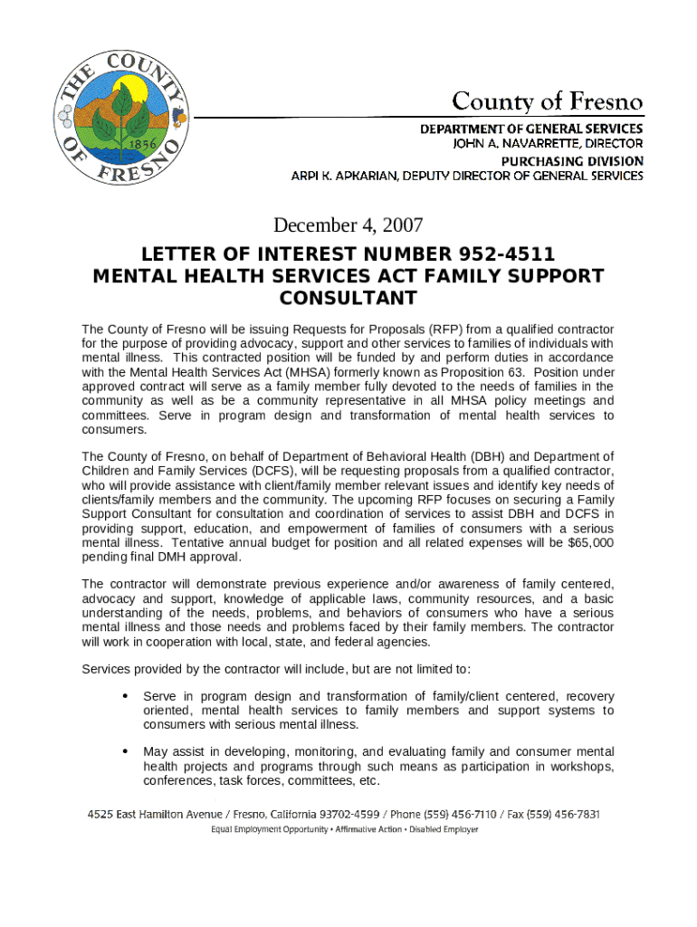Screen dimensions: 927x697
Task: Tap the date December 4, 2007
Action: tap(348, 225)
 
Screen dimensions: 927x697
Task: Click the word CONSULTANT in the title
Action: tap(348, 298)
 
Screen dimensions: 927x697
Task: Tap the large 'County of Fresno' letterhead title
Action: tap(548, 101)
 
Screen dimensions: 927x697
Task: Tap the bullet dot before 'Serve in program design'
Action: tap(123, 696)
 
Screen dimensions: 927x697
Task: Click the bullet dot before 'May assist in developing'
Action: tap(123, 751)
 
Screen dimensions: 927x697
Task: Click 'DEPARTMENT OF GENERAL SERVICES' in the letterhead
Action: tap(531, 129)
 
